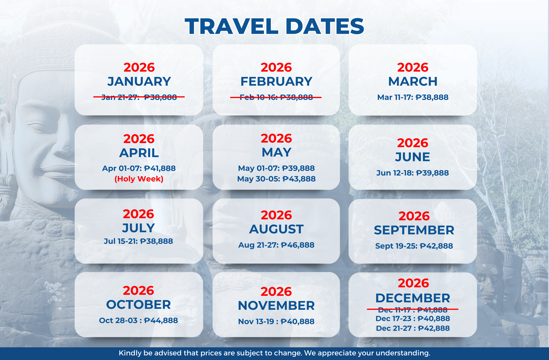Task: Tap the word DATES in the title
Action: coord(325,26)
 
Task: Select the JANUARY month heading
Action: coord(139,82)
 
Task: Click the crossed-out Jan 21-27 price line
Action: coord(139,97)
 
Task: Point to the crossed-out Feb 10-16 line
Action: coord(276,97)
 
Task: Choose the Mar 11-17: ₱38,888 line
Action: coord(413,97)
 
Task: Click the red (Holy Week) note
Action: coord(139,179)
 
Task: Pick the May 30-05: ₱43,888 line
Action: coord(276,179)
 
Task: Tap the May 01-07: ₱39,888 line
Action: coord(276,168)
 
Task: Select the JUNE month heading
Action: coord(413,157)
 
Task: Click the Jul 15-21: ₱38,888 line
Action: coord(138,241)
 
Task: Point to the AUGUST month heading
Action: coord(276,229)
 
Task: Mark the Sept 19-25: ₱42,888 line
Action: coord(414,246)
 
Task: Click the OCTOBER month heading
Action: coord(139,305)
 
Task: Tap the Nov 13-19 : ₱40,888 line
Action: coord(276,321)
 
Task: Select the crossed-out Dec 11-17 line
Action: coord(413,310)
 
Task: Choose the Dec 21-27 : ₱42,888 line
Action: coord(413,328)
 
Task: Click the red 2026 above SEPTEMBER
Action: coord(414,216)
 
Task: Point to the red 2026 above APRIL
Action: coord(139,139)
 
